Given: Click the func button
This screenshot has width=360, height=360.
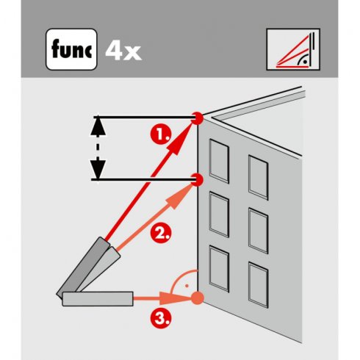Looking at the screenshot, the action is click(71, 49).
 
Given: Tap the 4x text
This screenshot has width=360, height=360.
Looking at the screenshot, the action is click(123, 51).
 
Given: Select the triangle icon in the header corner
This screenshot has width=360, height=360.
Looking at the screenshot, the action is click(293, 49).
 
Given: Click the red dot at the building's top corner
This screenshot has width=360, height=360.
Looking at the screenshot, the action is click(198, 118).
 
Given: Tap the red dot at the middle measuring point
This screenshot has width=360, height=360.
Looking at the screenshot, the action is click(198, 179).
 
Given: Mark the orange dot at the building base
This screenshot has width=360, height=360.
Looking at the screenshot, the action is click(197, 298).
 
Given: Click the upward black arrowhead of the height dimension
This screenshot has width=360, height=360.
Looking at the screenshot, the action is click(98, 126).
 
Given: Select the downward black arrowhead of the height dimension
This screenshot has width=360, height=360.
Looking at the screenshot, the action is click(98, 170).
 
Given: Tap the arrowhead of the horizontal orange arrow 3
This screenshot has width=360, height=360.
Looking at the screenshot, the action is click(175, 298).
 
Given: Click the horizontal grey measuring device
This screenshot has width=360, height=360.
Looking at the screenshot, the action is click(98, 299).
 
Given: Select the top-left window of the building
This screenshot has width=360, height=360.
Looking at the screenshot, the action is click(219, 161).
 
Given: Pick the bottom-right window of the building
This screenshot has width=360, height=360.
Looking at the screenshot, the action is click(259, 285).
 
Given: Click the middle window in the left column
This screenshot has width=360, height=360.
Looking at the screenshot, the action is click(219, 215).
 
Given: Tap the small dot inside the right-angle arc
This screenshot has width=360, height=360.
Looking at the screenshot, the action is click(187, 286).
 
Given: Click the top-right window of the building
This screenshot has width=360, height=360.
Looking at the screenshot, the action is click(259, 177).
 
